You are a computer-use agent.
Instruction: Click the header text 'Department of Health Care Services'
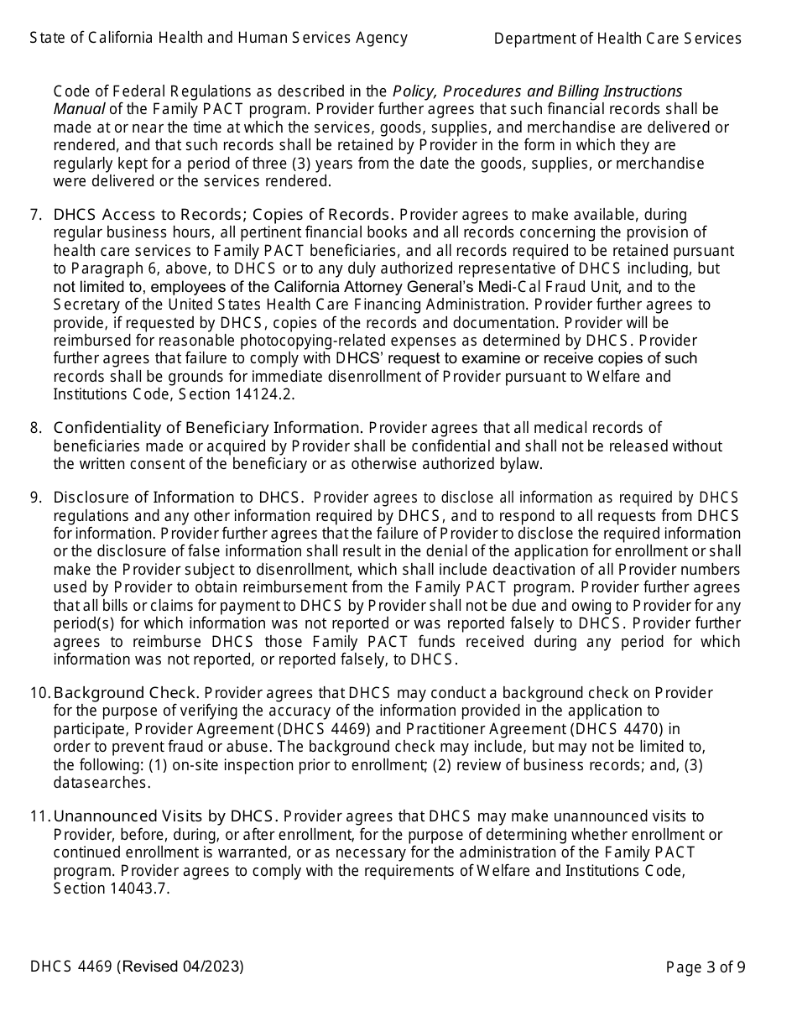point(617,39)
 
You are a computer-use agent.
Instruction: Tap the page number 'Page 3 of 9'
point(706,967)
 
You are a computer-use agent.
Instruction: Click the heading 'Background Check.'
point(126,693)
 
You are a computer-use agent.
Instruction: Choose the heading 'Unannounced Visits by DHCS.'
point(165,816)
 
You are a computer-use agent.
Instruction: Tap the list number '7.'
point(36,215)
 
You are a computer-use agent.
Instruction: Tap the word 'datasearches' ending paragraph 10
point(101,783)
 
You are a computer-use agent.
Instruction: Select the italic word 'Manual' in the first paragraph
point(79,109)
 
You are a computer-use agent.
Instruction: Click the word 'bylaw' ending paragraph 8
point(521,464)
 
